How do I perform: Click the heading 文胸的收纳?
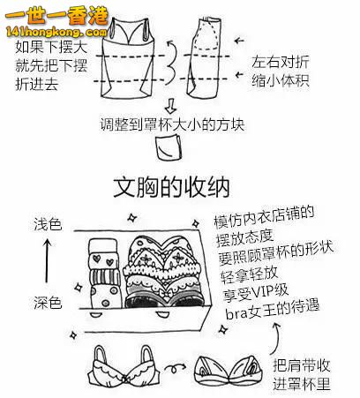tap(171, 186)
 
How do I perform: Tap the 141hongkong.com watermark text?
tap(56, 32)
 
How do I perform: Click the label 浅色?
tap(48, 224)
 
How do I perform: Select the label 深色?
tap(48, 302)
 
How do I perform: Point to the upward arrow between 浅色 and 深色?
tap(48, 260)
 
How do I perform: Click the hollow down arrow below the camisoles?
tap(170, 106)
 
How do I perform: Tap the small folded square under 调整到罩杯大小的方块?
tap(168, 147)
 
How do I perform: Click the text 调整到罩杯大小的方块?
tap(172, 124)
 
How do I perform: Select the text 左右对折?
tap(281, 62)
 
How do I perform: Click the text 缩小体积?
tap(281, 80)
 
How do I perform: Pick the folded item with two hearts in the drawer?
tap(103, 260)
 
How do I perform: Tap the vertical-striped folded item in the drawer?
tap(105, 277)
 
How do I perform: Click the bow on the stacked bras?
tap(164, 293)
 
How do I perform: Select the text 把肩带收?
tap(302, 365)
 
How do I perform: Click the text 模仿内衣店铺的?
tap(264, 217)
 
